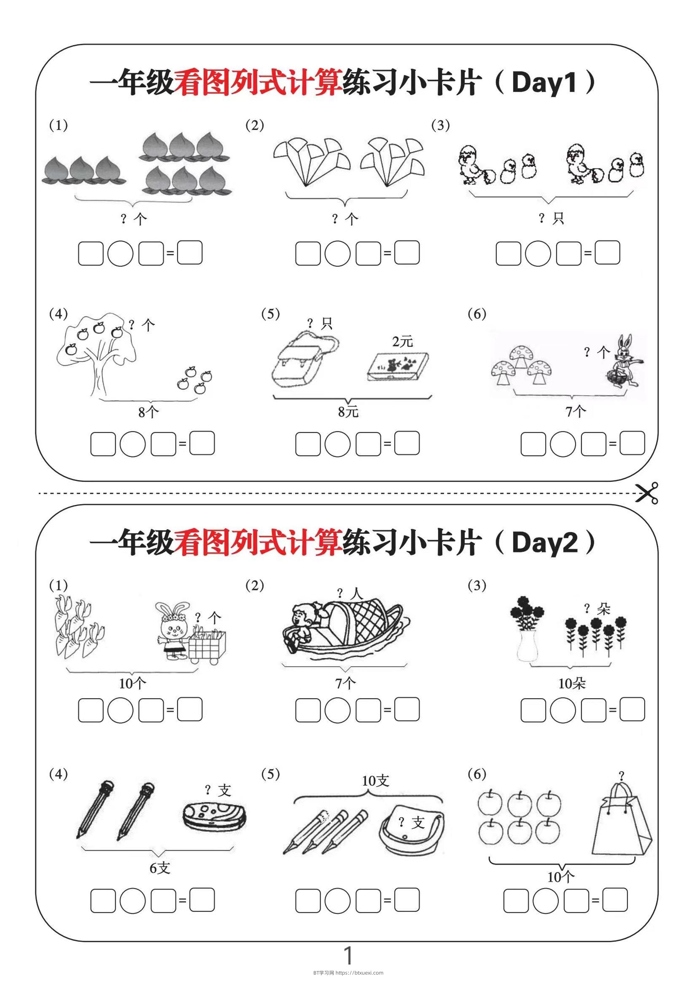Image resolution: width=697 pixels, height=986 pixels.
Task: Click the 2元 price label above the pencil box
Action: pos(402,342)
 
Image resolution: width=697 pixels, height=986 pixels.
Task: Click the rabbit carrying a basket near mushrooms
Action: pos(622,362)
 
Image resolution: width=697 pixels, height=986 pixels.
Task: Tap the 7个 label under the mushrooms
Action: pos(576,412)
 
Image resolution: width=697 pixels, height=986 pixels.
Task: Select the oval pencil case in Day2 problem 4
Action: pos(214,815)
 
